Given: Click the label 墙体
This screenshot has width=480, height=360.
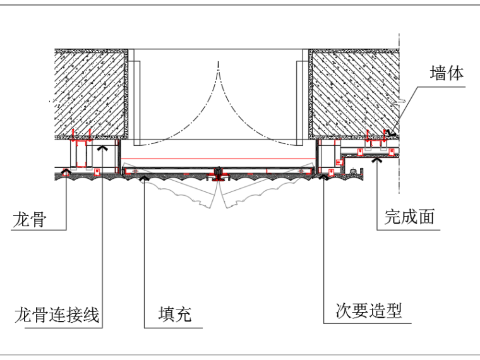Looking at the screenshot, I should point(447,74).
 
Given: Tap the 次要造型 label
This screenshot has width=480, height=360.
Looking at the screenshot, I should point(368,310).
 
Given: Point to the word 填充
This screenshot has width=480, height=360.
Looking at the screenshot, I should point(174,314).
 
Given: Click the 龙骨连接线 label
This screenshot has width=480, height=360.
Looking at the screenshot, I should point(57,314).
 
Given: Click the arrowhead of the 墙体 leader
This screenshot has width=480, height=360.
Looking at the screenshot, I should point(392,133).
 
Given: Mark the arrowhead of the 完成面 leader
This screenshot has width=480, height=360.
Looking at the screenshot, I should point(378,160).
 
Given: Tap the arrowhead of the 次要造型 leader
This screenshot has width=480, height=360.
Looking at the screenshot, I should point(325,177).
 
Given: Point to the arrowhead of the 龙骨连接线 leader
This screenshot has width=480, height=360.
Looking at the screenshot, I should point(102,148).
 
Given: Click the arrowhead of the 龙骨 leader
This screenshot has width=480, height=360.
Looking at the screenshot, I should point(65,171).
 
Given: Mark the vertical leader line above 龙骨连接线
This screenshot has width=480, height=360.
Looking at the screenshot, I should point(102,240).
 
